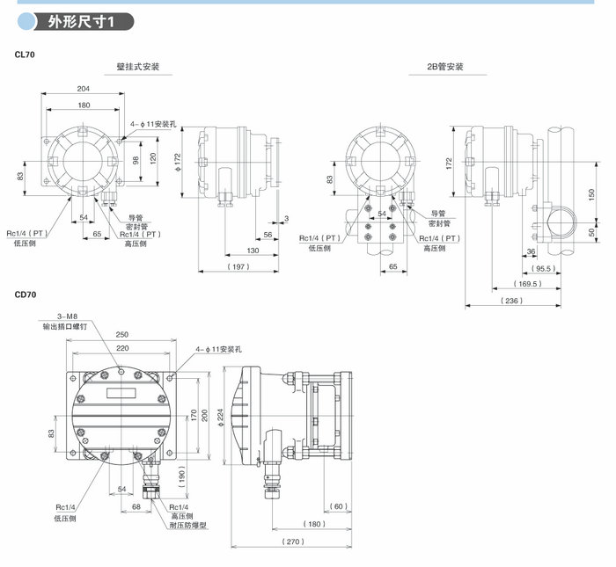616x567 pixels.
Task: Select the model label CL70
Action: (x=26, y=55)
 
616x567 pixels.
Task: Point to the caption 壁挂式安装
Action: (x=138, y=67)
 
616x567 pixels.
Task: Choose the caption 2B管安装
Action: (x=445, y=67)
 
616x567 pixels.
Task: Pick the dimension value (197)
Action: (x=238, y=265)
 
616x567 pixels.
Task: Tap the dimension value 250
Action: (x=121, y=334)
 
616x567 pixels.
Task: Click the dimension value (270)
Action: (x=293, y=542)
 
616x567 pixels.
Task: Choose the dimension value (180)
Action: (x=315, y=525)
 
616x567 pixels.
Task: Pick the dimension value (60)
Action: (x=339, y=505)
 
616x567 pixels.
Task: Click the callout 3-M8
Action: (x=68, y=316)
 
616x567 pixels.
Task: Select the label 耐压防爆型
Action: (x=187, y=525)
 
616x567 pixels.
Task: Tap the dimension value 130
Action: (x=253, y=251)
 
